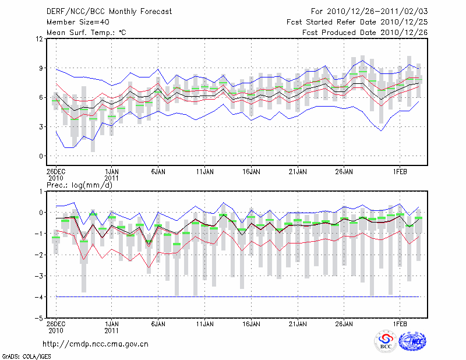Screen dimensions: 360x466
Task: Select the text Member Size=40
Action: coord(76,22)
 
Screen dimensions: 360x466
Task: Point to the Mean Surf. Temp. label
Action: coord(86,33)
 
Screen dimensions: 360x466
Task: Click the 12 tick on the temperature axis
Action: coord(40,39)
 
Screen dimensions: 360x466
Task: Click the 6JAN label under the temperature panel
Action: coord(158,172)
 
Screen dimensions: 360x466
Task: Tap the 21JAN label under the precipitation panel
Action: coord(298,323)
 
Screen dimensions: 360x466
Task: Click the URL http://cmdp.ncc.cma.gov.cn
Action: coord(96,344)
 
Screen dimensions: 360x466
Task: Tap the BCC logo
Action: coord(386,342)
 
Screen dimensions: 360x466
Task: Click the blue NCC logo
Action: coord(412,342)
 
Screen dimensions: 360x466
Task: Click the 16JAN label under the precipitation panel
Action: coord(251,323)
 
